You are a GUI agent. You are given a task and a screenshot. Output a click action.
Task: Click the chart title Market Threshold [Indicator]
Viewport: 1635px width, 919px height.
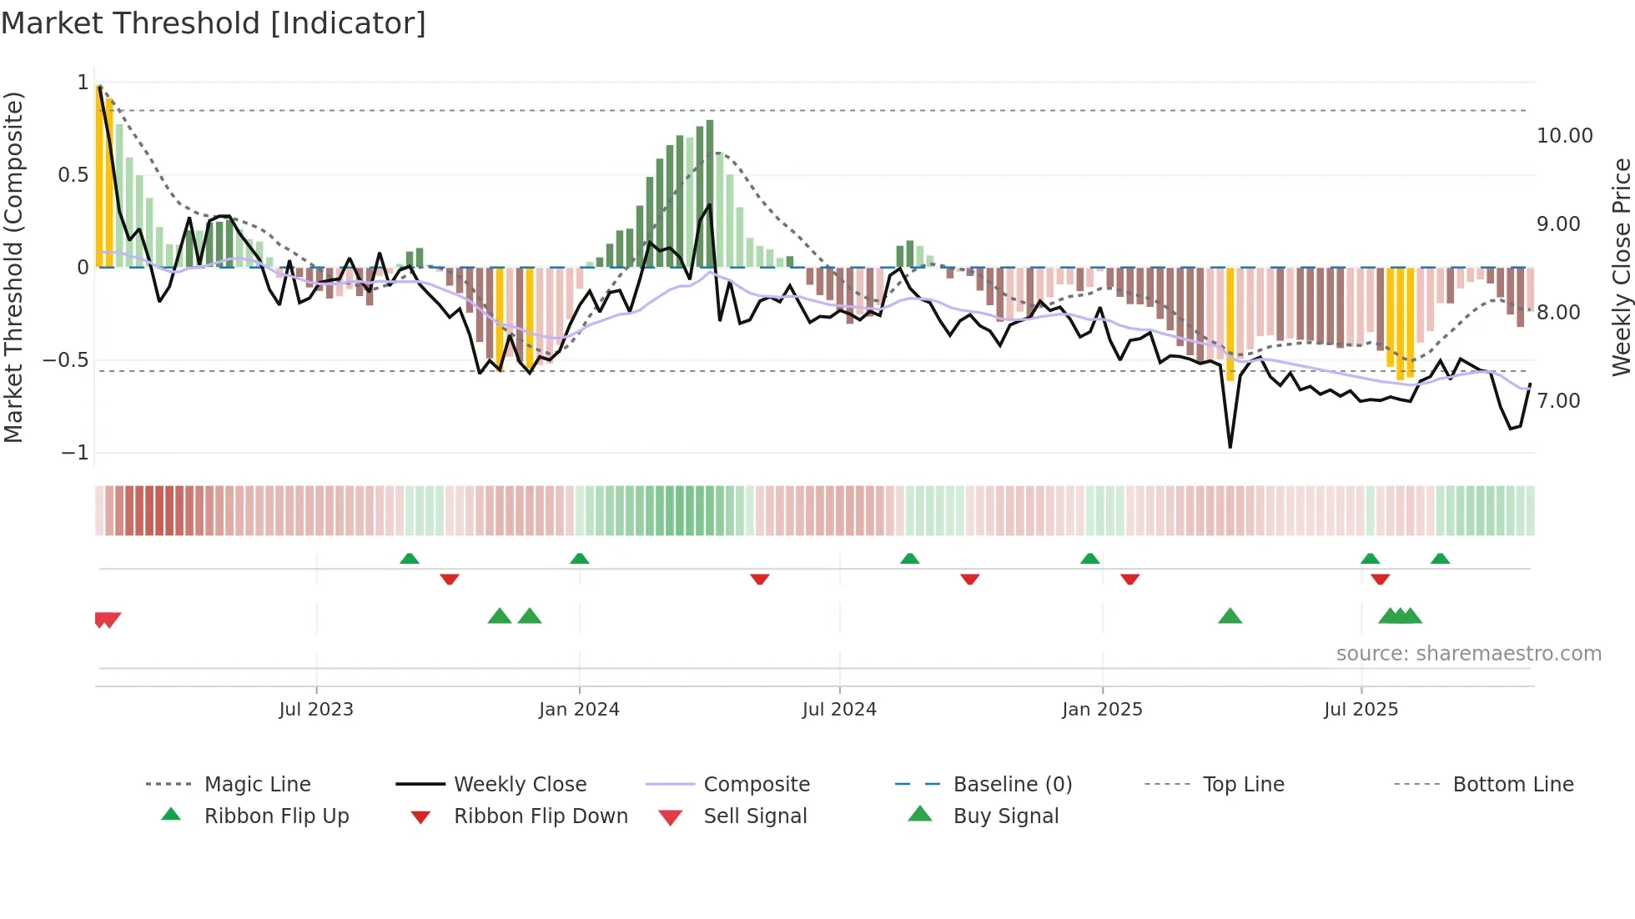point(214,23)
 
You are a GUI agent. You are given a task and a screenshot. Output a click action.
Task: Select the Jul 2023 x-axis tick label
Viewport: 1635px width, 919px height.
point(316,710)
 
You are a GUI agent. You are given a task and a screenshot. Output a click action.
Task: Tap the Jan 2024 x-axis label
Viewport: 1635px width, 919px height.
point(579,710)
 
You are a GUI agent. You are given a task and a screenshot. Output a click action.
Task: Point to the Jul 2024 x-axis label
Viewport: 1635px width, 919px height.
point(839,710)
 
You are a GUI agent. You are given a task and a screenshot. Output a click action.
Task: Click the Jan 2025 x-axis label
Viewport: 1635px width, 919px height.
point(1102,710)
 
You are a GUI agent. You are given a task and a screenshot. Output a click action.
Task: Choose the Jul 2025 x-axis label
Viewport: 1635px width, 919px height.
point(1361,710)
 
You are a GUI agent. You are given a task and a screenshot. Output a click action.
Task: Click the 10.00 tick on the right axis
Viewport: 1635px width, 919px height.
point(1564,136)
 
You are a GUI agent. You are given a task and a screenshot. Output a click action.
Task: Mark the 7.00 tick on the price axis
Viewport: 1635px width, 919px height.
point(1558,401)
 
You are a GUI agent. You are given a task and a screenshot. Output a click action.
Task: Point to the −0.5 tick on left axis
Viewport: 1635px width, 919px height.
point(66,360)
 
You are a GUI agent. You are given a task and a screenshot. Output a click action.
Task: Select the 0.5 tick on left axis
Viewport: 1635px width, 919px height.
point(73,175)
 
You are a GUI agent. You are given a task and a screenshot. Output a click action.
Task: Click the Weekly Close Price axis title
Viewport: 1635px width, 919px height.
point(1621,267)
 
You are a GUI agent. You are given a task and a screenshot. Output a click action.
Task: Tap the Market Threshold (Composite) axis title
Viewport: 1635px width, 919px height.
point(13,267)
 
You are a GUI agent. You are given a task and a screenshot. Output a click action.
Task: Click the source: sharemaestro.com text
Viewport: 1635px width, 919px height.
point(1468,654)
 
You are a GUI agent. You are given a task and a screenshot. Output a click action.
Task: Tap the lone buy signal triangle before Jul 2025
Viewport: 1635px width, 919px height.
point(1230,617)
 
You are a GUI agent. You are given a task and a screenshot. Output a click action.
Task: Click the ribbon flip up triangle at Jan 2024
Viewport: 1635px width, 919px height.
point(580,559)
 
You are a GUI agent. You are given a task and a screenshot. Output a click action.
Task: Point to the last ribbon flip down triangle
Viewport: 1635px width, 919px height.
point(1380,579)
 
